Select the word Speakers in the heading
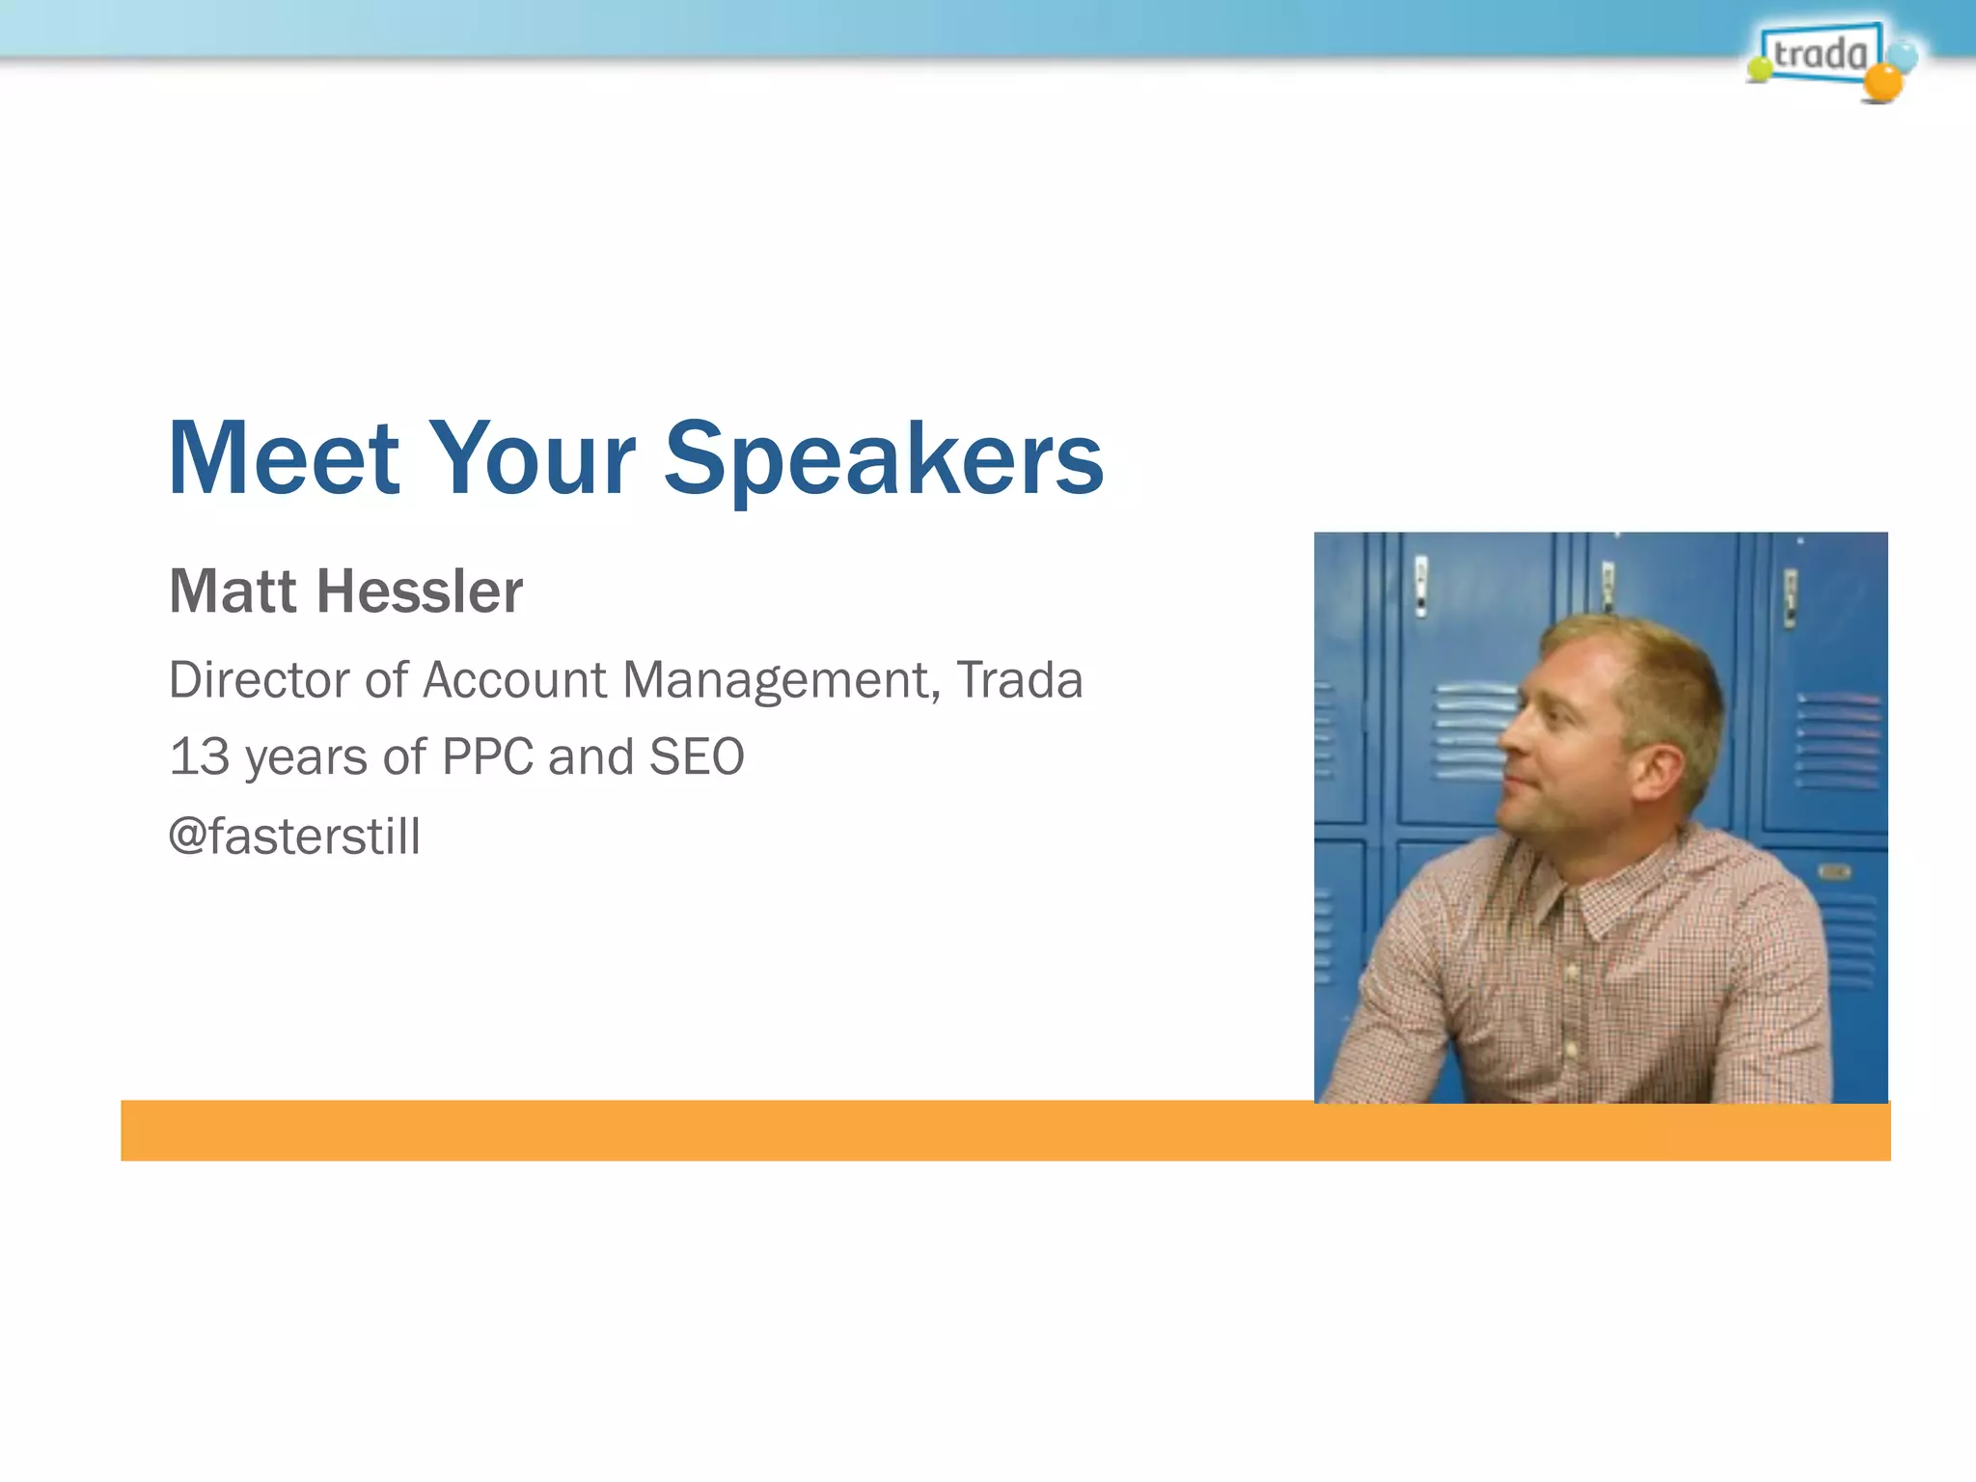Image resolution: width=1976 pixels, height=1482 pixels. (883, 461)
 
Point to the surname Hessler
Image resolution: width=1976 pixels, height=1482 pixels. (420, 591)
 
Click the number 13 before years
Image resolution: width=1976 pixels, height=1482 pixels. (199, 756)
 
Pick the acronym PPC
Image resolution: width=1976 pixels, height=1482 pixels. (487, 756)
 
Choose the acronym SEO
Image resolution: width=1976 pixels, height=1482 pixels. (697, 756)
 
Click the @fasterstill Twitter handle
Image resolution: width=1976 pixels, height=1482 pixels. (294, 836)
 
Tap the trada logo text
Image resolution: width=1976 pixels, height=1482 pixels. (1819, 53)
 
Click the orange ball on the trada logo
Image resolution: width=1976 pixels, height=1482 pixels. (1882, 84)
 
